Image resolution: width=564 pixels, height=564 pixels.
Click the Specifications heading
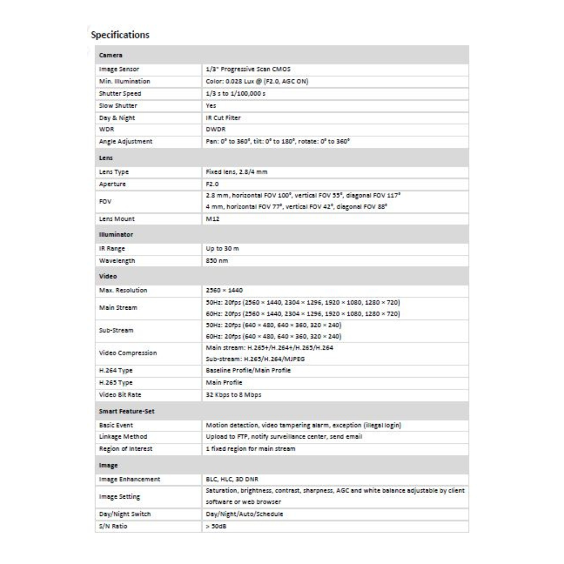pos(120,35)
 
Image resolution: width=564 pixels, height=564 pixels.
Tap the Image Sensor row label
pos(119,69)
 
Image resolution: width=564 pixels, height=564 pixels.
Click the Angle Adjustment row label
pos(125,141)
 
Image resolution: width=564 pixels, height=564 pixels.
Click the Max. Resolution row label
pos(123,289)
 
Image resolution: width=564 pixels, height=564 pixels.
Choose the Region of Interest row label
pos(125,449)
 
